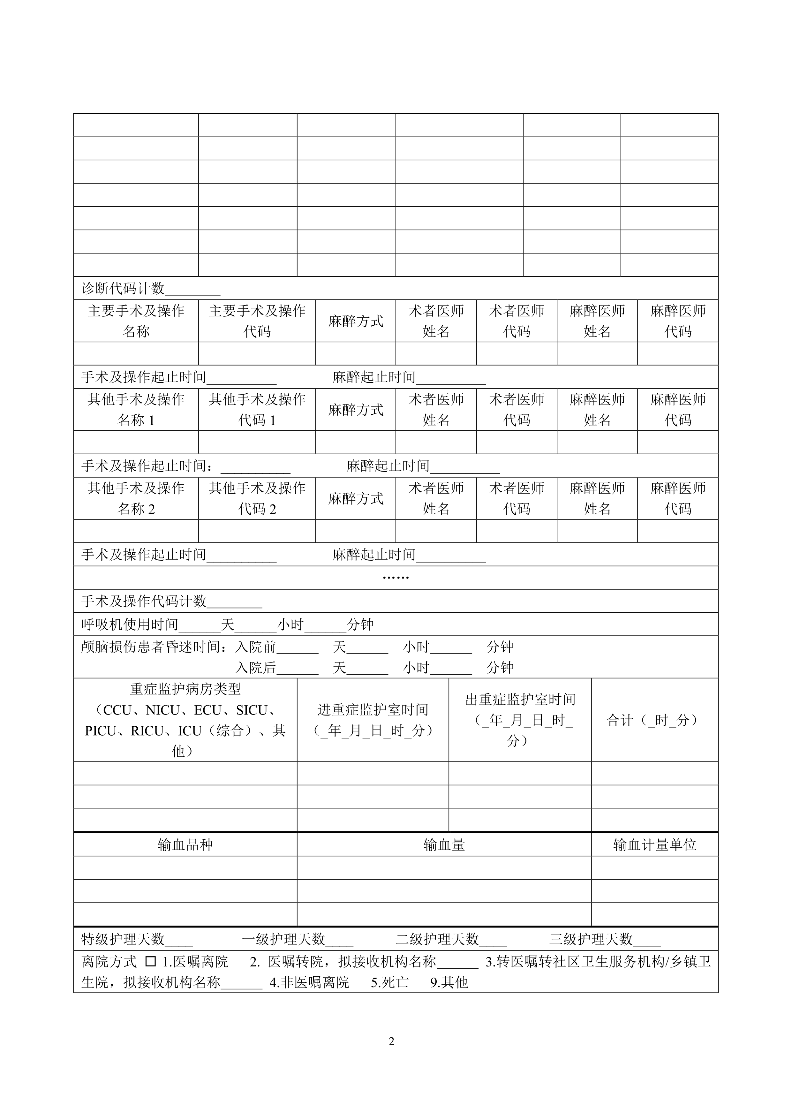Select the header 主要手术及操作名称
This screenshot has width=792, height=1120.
tap(136, 321)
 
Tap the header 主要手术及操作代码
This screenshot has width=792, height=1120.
tap(257, 321)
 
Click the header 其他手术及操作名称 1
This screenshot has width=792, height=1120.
tap(136, 410)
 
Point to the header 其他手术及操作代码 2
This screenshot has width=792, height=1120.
tap(257, 498)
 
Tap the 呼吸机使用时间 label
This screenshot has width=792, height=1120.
tap(130, 625)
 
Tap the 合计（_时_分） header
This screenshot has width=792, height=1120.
tap(654, 720)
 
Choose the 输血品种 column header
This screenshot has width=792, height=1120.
tap(185, 845)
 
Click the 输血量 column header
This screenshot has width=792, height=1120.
tap(444, 845)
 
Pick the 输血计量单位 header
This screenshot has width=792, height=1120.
tap(654, 845)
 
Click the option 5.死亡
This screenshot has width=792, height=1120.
tap(390, 982)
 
